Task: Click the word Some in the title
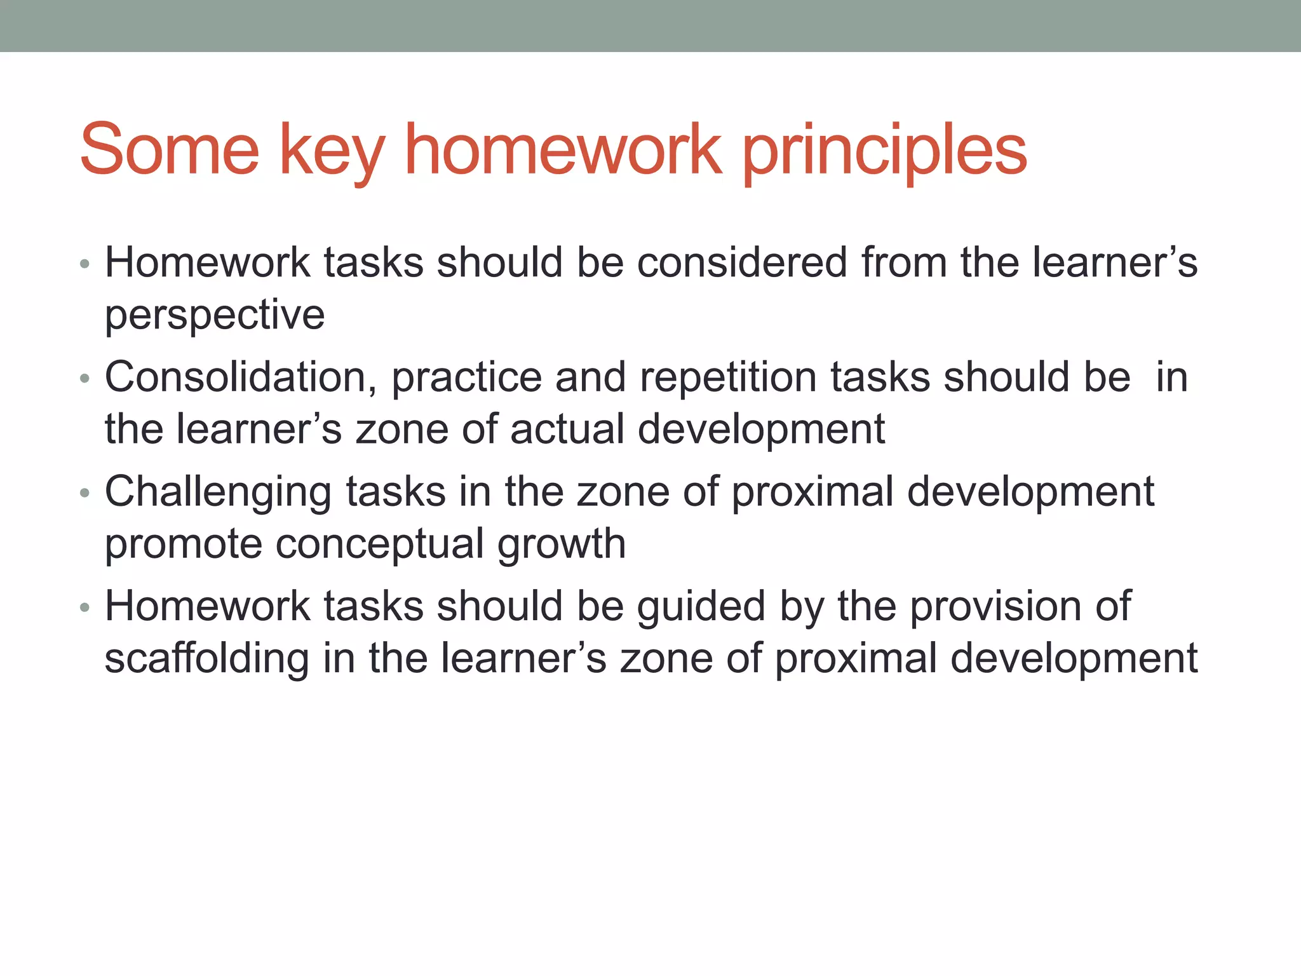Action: click(x=170, y=150)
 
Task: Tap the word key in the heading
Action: click(x=332, y=152)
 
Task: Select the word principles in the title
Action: click(x=884, y=152)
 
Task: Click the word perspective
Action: click(x=215, y=316)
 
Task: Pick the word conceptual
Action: click(x=379, y=545)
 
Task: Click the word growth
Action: click(x=562, y=545)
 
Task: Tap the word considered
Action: click(x=742, y=262)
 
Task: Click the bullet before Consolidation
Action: click(x=85, y=379)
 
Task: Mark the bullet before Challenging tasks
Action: click(x=85, y=494)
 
